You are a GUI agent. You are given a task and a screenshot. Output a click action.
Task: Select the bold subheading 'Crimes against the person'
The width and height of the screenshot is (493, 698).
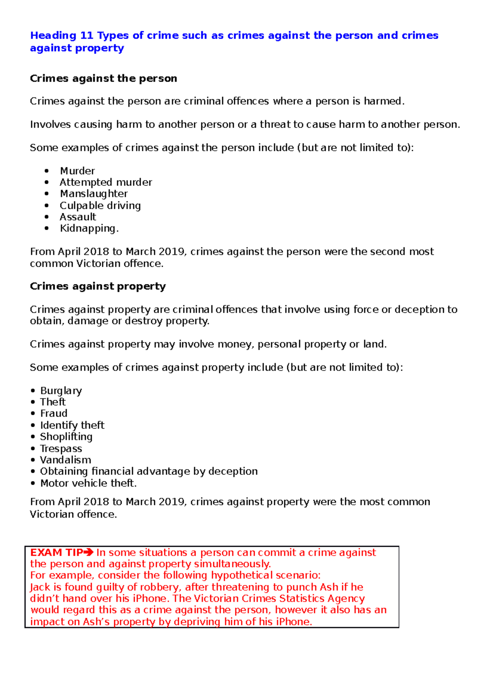103,79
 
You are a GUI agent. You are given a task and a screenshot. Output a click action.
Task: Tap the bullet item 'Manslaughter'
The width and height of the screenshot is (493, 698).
94,194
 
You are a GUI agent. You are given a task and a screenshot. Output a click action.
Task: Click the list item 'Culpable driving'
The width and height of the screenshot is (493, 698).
100,206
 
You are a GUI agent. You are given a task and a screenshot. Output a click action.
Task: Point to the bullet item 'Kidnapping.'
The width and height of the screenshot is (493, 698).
89,229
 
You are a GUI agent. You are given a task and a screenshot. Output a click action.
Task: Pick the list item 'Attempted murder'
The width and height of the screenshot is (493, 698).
106,182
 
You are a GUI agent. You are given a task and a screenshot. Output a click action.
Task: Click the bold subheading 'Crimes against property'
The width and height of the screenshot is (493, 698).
98,287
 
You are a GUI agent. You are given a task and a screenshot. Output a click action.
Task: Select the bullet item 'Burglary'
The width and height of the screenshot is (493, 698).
61,391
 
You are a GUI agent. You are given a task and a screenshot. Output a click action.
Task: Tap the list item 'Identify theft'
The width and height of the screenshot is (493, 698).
72,425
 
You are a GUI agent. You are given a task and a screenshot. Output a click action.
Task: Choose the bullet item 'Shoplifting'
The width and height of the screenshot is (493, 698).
66,437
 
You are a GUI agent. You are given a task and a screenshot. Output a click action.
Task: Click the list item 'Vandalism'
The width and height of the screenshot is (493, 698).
65,460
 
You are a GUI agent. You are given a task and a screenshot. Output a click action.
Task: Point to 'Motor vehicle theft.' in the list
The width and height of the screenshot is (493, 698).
88,483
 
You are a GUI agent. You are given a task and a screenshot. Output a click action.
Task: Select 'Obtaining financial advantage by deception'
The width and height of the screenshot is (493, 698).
149,471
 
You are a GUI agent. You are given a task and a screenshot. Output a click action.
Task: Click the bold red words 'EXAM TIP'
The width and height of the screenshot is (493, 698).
57,552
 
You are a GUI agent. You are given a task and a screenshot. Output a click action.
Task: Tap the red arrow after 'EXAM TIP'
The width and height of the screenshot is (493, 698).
89,552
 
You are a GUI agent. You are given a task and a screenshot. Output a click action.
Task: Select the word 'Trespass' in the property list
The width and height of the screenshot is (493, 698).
61,448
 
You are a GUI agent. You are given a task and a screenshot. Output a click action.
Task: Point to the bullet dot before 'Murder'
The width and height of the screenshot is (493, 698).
47,171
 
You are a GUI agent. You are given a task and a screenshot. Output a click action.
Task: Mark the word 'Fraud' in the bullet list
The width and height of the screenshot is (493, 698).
54,414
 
